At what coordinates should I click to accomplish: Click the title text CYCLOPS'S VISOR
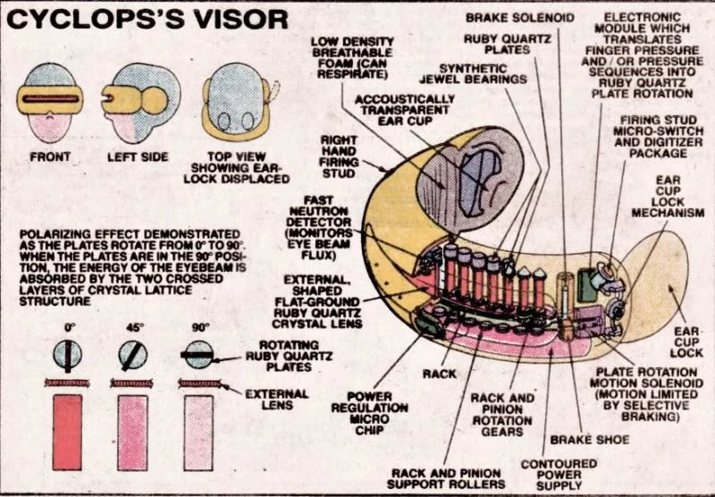point(148,19)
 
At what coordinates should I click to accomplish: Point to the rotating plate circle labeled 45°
point(132,355)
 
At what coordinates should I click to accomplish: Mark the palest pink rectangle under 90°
point(199,433)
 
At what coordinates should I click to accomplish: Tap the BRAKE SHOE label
point(590,440)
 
